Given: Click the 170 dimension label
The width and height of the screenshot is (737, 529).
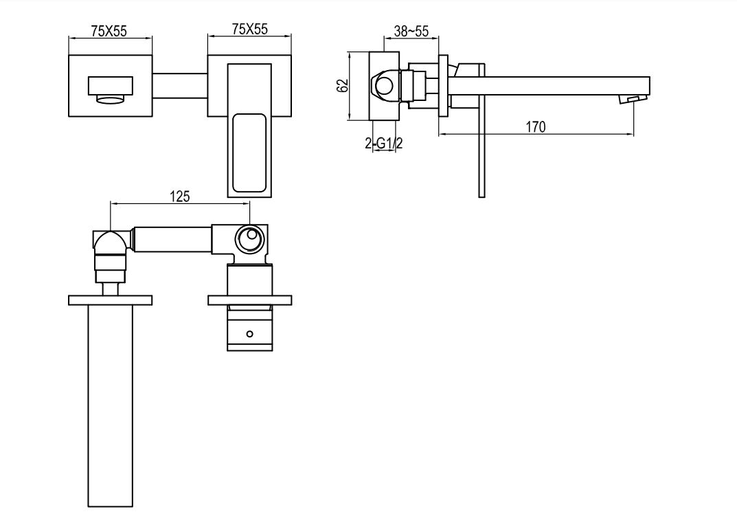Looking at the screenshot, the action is [x=535, y=127].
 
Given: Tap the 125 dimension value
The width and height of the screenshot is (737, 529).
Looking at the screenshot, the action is [x=179, y=196].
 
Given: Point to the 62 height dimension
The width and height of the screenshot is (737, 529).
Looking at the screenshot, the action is [x=343, y=86].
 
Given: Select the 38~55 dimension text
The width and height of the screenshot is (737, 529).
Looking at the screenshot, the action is [x=411, y=32].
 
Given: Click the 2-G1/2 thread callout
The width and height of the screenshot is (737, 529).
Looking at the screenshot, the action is [x=383, y=143].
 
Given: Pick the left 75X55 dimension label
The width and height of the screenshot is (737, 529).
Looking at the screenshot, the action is [x=109, y=31].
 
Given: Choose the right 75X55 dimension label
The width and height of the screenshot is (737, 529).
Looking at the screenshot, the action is [x=249, y=29].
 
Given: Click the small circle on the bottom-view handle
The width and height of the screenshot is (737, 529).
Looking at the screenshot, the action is [x=249, y=334].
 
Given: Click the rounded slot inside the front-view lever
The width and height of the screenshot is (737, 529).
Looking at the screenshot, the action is [x=249, y=153].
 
